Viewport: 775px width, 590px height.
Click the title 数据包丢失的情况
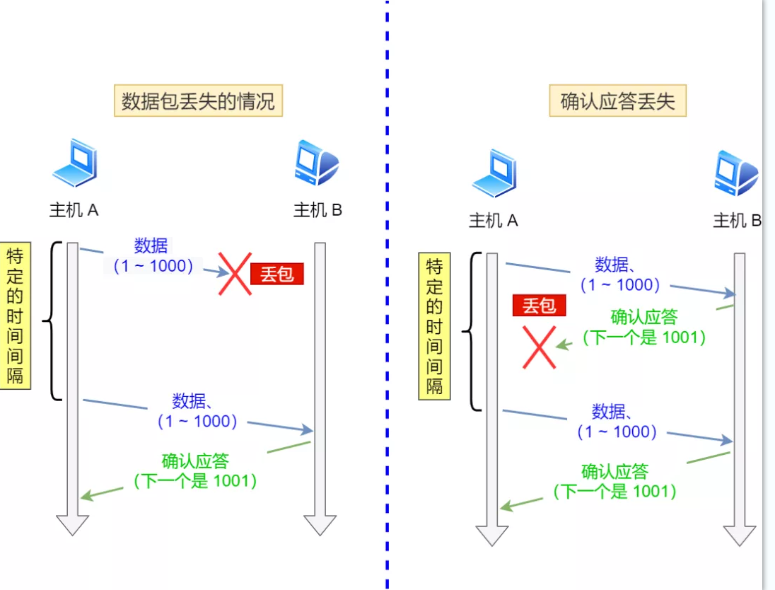(198, 101)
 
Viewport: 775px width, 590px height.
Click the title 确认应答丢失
(617, 101)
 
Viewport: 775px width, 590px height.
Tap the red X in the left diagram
(234, 273)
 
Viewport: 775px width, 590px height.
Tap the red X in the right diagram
(539, 347)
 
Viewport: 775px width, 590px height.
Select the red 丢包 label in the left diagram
(276, 273)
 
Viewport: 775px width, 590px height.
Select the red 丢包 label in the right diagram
(539, 306)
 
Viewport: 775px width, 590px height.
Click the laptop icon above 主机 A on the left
(74, 164)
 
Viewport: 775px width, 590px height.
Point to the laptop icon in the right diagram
(495, 173)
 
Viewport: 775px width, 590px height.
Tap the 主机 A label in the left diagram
(74, 210)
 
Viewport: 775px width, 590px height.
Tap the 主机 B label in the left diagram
(317, 210)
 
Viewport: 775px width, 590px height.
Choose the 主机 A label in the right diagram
(494, 221)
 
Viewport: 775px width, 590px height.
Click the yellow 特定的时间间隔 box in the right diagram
(434, 326)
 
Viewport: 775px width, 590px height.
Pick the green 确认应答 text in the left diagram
(195, 462)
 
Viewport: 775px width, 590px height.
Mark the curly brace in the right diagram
(470, 331)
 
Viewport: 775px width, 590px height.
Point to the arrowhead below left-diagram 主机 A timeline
(72, 524)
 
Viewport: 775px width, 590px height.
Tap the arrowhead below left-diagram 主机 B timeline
(320, 524)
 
